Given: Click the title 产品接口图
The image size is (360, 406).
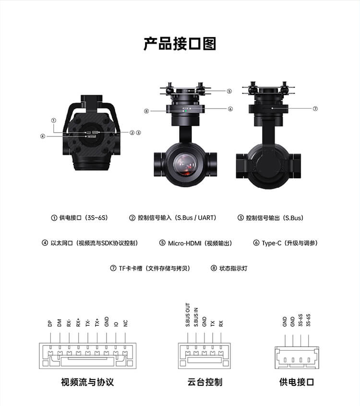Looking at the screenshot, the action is (x=180, y=44).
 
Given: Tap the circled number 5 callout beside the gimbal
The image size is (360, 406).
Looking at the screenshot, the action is (x=229, y=91).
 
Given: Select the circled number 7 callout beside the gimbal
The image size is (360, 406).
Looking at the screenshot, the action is (x=315, y=109).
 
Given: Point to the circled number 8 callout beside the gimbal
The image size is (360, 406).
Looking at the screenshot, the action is (x=146, y=111).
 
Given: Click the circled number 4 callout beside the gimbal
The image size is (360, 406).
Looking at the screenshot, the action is (x=43, y=136).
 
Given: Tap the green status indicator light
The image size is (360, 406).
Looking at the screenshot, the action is (x=186, y=111).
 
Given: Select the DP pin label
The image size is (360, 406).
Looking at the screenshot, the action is (x=50, y=323).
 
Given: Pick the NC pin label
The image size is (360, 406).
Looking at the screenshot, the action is (x=125, y=323).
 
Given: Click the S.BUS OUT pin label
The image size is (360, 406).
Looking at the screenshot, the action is (x=188, y=315).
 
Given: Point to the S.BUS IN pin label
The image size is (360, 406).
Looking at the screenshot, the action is (x=196, y=317).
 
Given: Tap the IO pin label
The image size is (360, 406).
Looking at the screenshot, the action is (x=116, y=324).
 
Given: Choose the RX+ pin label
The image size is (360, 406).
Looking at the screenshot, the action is (x=78, y=322).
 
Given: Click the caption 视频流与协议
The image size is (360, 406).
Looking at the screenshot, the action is (x=87, y=382).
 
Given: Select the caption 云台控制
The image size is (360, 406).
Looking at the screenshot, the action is (x=205, y=382).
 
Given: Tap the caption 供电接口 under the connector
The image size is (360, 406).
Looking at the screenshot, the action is (x=297, y=382).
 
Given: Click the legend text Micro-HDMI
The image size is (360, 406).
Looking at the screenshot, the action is (x=184, y=243).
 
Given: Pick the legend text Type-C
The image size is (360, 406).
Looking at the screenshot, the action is (x=271, y=243).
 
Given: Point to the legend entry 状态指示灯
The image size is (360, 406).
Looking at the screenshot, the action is (x=233, y=268).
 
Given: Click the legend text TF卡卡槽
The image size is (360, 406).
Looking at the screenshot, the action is (x=131, y=268).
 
